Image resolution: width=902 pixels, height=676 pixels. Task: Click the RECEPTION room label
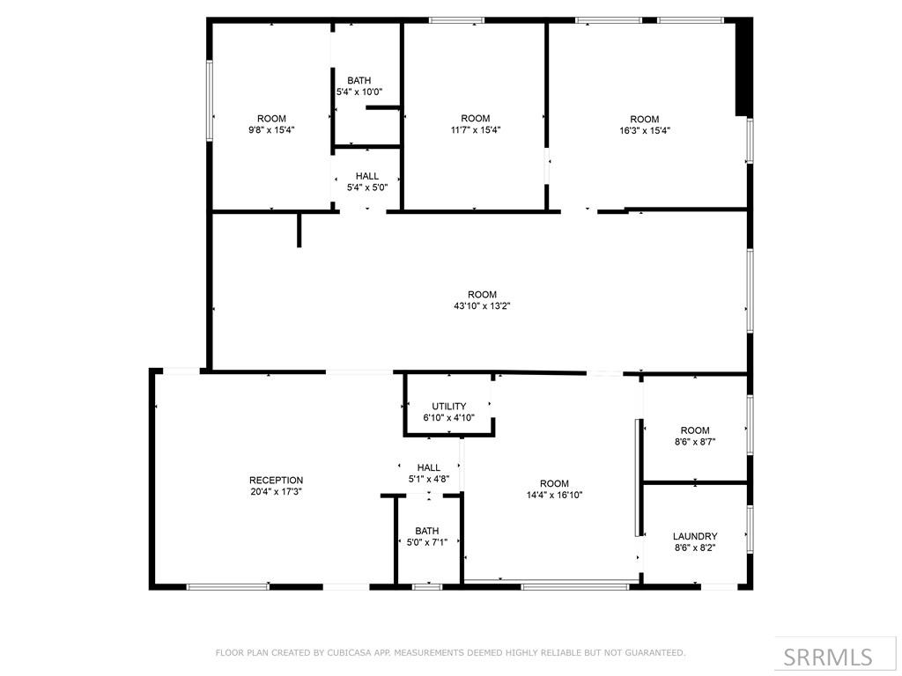pyautogui.click(x=276, y=481)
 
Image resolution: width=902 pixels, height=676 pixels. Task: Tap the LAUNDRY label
pyautogui.click(x=695, y=536)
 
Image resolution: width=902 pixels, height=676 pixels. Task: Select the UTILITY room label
pyautogui.click(x=448, y=407)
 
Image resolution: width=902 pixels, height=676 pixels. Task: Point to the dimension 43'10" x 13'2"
pyautogui.click(x=482, y=306)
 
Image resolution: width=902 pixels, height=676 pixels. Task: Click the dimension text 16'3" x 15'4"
pyautogui.click(x=644, y=130)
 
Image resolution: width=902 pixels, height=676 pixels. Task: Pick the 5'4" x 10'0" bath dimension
pyautogui.click(x=359, y=92)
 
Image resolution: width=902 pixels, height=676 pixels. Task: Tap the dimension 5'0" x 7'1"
pyautogui.click(x=426, y=542)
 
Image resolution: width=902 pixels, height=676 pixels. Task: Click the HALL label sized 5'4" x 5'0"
pyautogui.click(x=367, y=176)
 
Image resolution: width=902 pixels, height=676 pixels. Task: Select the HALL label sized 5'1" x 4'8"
pyautogui.click(x=429, y=468)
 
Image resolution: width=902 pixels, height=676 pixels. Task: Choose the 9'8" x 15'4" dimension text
pyautogui.click(x=271, y=130)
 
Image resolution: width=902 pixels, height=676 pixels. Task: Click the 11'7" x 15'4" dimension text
pyautogui.click(x=476, y=130)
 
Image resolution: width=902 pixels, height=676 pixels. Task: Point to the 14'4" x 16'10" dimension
pyautogui.click(x=555, y=495)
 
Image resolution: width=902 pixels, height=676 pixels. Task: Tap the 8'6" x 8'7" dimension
pyautogui.click(x=695, y=442)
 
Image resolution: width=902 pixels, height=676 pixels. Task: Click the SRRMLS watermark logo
pyautogui.click(x=836, y=656)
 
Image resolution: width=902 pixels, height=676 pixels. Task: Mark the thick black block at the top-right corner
pyautogui.click(x=743, y=67)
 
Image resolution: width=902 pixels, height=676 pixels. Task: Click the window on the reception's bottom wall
pyautogui.click(x=228, y=586)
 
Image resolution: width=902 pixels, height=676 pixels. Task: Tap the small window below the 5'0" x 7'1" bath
pyautogui.click(x=427, y=586)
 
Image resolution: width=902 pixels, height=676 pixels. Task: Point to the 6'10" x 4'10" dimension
pyautogui.click(x=448, y=418)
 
